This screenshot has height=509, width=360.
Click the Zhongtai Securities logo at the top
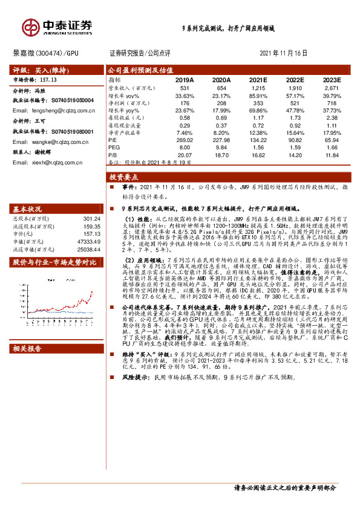point(57,27)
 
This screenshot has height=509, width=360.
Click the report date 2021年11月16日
point(283,53)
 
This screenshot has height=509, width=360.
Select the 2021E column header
point(258,80)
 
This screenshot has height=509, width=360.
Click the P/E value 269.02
point(185,139)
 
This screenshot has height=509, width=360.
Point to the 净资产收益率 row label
point(125,132)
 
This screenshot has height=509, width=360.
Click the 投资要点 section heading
point(124,178)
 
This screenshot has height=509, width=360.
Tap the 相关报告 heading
point(29,349)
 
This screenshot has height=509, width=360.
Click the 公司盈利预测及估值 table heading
point(133,70)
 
